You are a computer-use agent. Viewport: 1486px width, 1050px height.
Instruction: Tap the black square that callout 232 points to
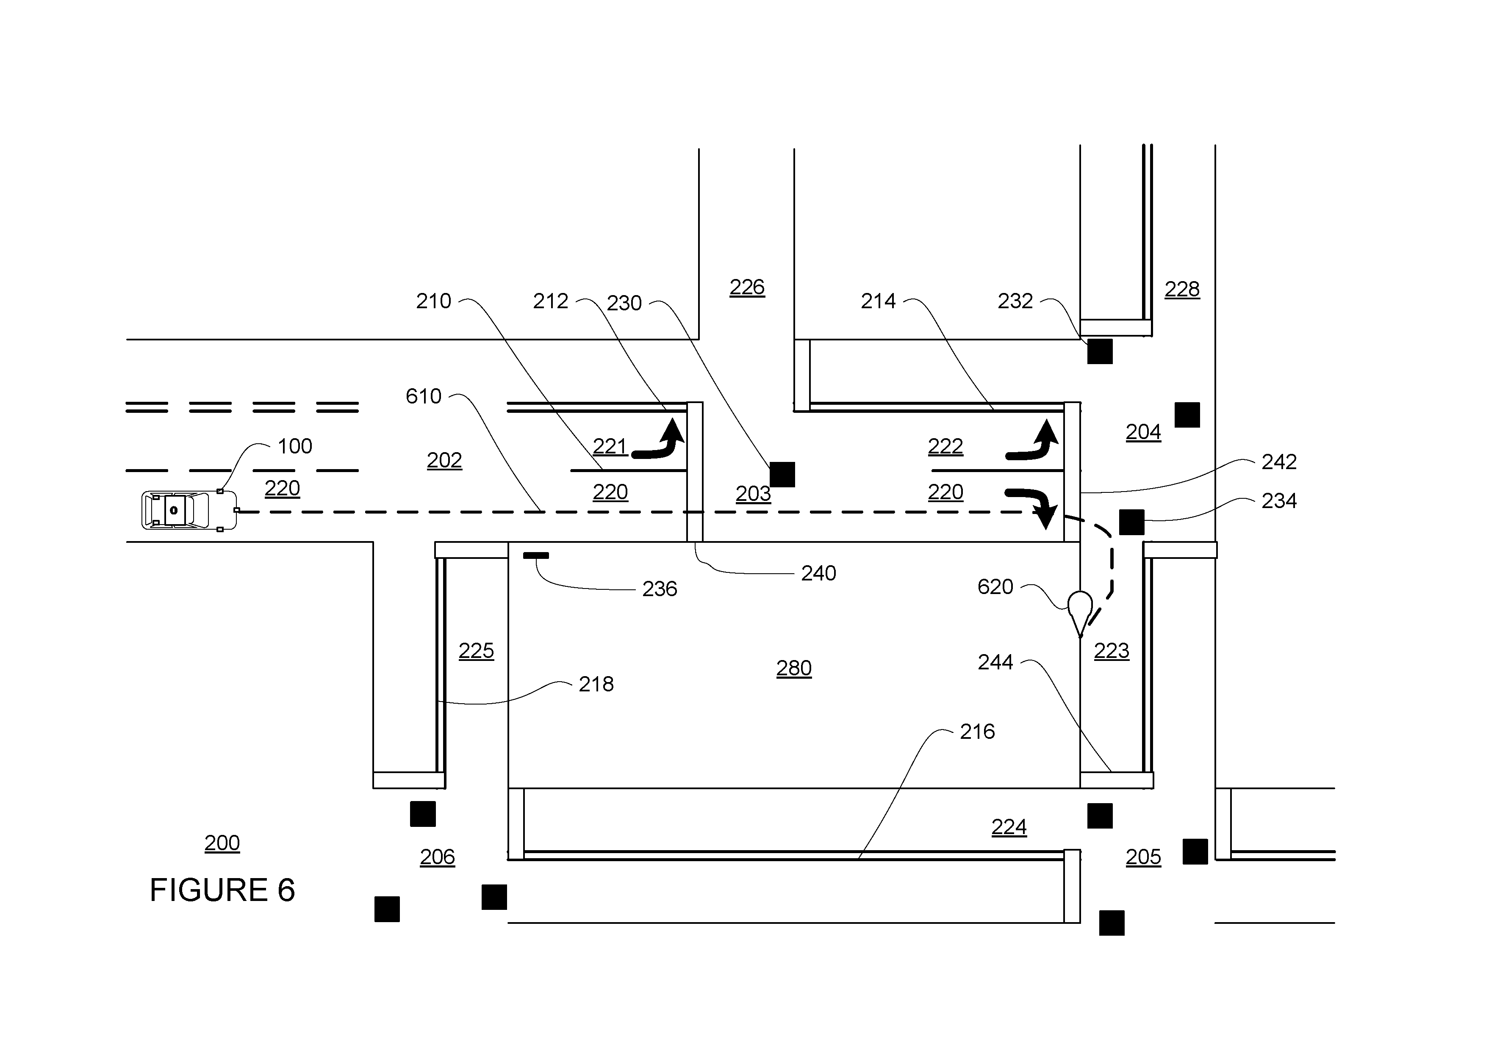tap(1100, 351)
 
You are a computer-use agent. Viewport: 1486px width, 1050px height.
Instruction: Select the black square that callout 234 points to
tap(1131, 522)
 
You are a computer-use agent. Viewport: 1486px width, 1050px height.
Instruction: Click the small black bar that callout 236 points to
tap(536, 555)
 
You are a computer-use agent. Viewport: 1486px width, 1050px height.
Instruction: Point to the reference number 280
tap(794, 668)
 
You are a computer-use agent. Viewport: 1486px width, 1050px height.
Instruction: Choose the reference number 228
tap(1182, 289)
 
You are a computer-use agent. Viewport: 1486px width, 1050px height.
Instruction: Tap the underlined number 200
tap(222, 843)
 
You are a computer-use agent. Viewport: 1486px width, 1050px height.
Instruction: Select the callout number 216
tap(977, 731)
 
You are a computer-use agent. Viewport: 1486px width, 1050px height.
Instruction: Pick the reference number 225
tap(477, 650)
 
